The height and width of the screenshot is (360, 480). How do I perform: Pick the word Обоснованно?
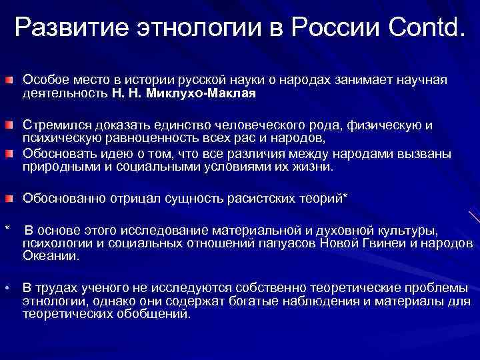click(x=59, y=198)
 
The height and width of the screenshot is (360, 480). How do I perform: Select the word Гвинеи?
click(x=376, y=243)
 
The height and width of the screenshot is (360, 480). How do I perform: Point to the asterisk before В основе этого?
click(x=7, y=230)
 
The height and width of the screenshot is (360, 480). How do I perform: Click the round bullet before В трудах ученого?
click(x=6, y=289)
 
